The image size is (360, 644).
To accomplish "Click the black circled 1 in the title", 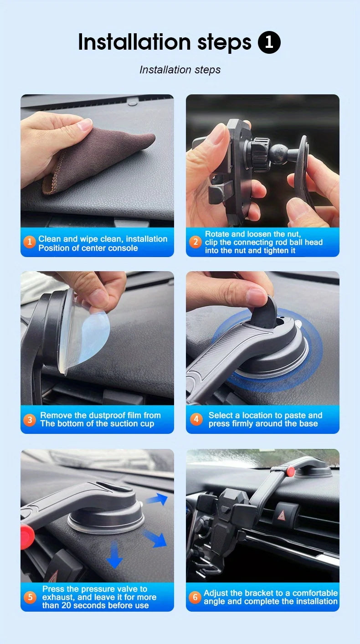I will [269, 42].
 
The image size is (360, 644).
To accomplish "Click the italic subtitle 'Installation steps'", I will [180, 70].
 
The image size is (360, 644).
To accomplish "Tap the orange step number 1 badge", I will [30, 242].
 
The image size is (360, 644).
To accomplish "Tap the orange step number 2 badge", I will [195, 242].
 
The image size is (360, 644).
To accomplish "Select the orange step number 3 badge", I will [30, 419].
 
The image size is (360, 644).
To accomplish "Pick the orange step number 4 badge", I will [196, 419].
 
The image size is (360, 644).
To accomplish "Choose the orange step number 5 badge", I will [30, 597].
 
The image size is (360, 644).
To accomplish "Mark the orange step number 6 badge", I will [195, 597].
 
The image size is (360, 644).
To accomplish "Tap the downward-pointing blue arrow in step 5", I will [114, 554].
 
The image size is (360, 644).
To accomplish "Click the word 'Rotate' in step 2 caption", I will [216, 234].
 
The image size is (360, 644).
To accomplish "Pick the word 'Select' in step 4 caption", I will [220, 415].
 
